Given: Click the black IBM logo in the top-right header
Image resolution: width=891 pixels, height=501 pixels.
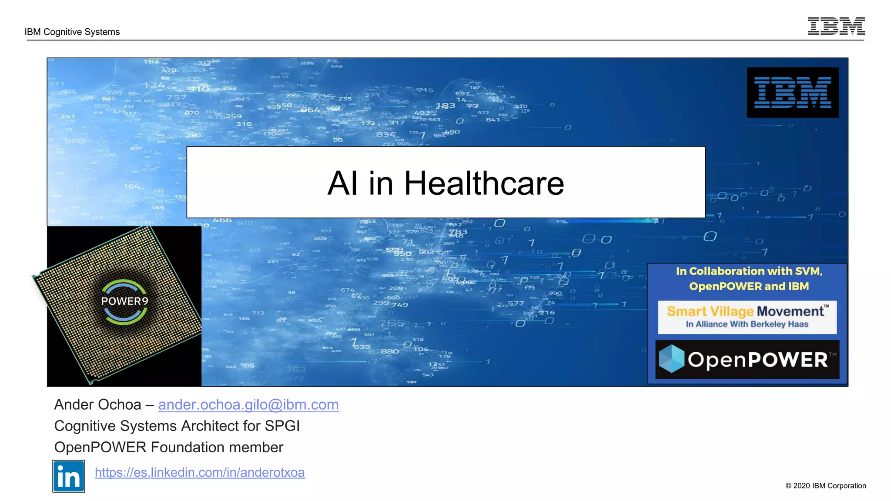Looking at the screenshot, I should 836,26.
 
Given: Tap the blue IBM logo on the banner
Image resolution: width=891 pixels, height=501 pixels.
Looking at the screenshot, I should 792,92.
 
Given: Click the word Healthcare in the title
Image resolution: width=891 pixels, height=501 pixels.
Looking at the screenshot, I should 484,183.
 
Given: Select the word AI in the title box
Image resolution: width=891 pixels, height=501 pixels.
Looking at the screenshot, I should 342,183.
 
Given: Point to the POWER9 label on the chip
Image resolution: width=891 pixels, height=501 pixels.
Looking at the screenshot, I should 124,301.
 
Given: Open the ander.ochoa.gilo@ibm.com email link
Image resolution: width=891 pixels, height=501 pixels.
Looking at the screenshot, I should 248,404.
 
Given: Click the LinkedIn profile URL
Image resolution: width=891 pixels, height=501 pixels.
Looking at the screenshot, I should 200,472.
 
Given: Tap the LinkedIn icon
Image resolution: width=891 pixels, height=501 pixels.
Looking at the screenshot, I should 69,476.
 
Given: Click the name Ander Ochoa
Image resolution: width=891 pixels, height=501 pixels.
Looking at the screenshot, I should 97,404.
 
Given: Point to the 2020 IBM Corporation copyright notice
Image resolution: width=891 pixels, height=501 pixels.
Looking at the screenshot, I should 825,486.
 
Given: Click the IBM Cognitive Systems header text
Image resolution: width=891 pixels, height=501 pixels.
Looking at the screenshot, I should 72,32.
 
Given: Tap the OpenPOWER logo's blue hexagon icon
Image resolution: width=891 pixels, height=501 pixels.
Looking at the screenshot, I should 671,359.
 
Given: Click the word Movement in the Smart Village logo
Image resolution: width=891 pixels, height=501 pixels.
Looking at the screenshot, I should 790,311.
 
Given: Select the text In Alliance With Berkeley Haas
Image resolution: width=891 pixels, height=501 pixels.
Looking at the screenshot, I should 747,324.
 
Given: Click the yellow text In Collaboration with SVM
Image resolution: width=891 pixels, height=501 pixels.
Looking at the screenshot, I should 749,271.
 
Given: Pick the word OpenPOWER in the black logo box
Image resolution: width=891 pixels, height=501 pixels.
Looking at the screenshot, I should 757,360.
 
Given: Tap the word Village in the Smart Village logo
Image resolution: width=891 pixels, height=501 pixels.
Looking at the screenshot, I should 732,311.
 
